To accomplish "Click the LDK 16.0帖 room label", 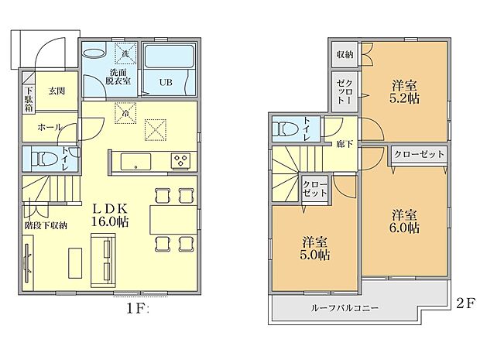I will pyautogui.click(x=111, y=214).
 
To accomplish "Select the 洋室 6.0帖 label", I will pyautogui.click(x=405, y=221).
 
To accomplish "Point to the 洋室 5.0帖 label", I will pyautogui.click(x=314, y=248).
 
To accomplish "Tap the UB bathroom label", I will pyautogui.click(x=166, y=81).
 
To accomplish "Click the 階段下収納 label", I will pyautogui.click(x=46, y=225).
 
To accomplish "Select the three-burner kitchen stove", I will pyautogui.click(x=180, y=161).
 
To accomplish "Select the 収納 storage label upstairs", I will pyautogui.click(x=345, y=54).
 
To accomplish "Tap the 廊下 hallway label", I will pyautogui.click(x=345, y=143).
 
